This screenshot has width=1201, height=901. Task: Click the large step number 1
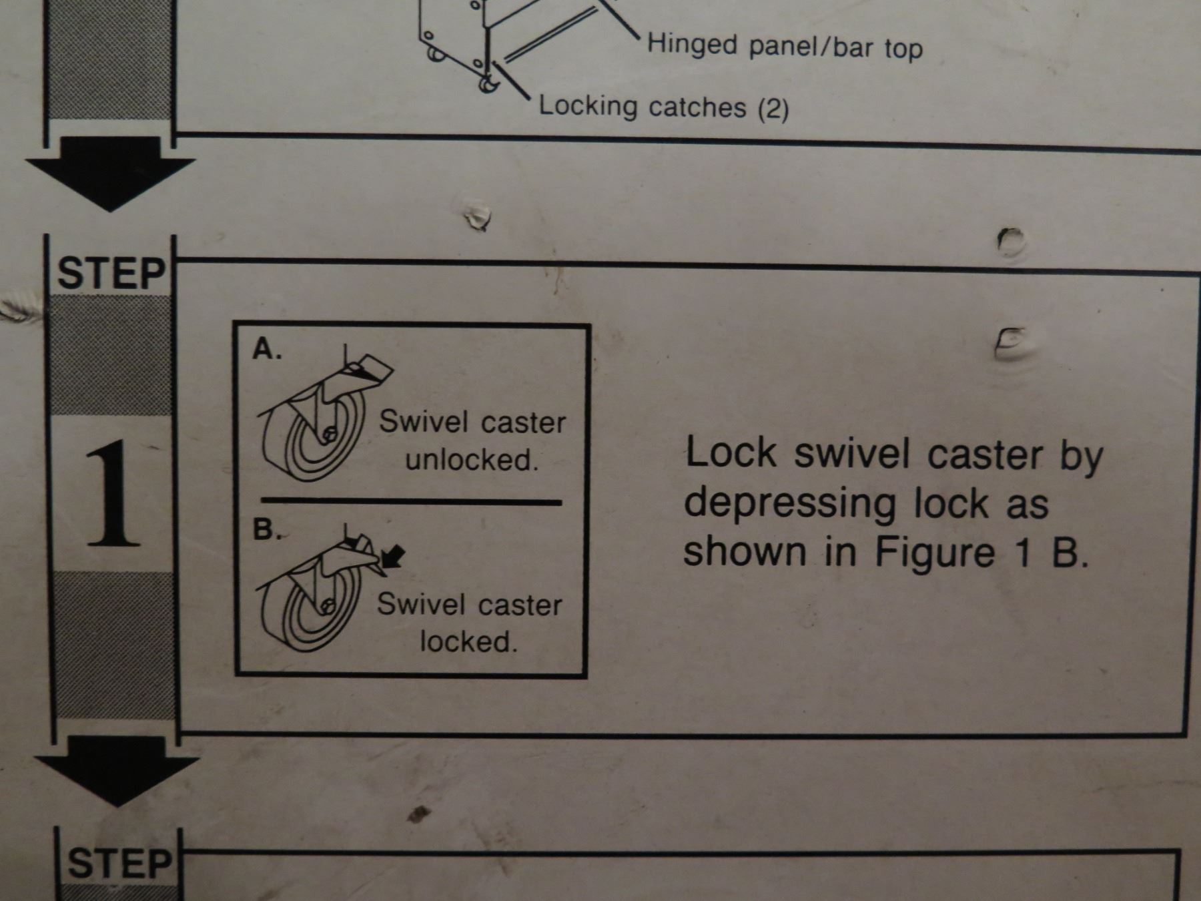click(x=114, y=493)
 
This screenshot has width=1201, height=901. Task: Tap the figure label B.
click(x=266, y=530)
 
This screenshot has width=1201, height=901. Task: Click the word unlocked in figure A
click(x=472, y=459)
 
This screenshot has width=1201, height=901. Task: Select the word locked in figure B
click(x=468, y=641)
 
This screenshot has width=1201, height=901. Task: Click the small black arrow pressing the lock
click(x=394, y=555)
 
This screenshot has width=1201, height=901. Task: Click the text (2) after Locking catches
click(x=773, y=108)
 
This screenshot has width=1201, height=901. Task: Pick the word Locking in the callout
click(x=588, y=106)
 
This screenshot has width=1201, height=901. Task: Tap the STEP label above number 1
click(x=111, y=274)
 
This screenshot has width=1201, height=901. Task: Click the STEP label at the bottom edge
click(x=120, y=863)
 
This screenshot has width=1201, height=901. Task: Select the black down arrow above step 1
click(x=111, y=174)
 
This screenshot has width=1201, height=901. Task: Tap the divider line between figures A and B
click(x=411, y=501)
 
